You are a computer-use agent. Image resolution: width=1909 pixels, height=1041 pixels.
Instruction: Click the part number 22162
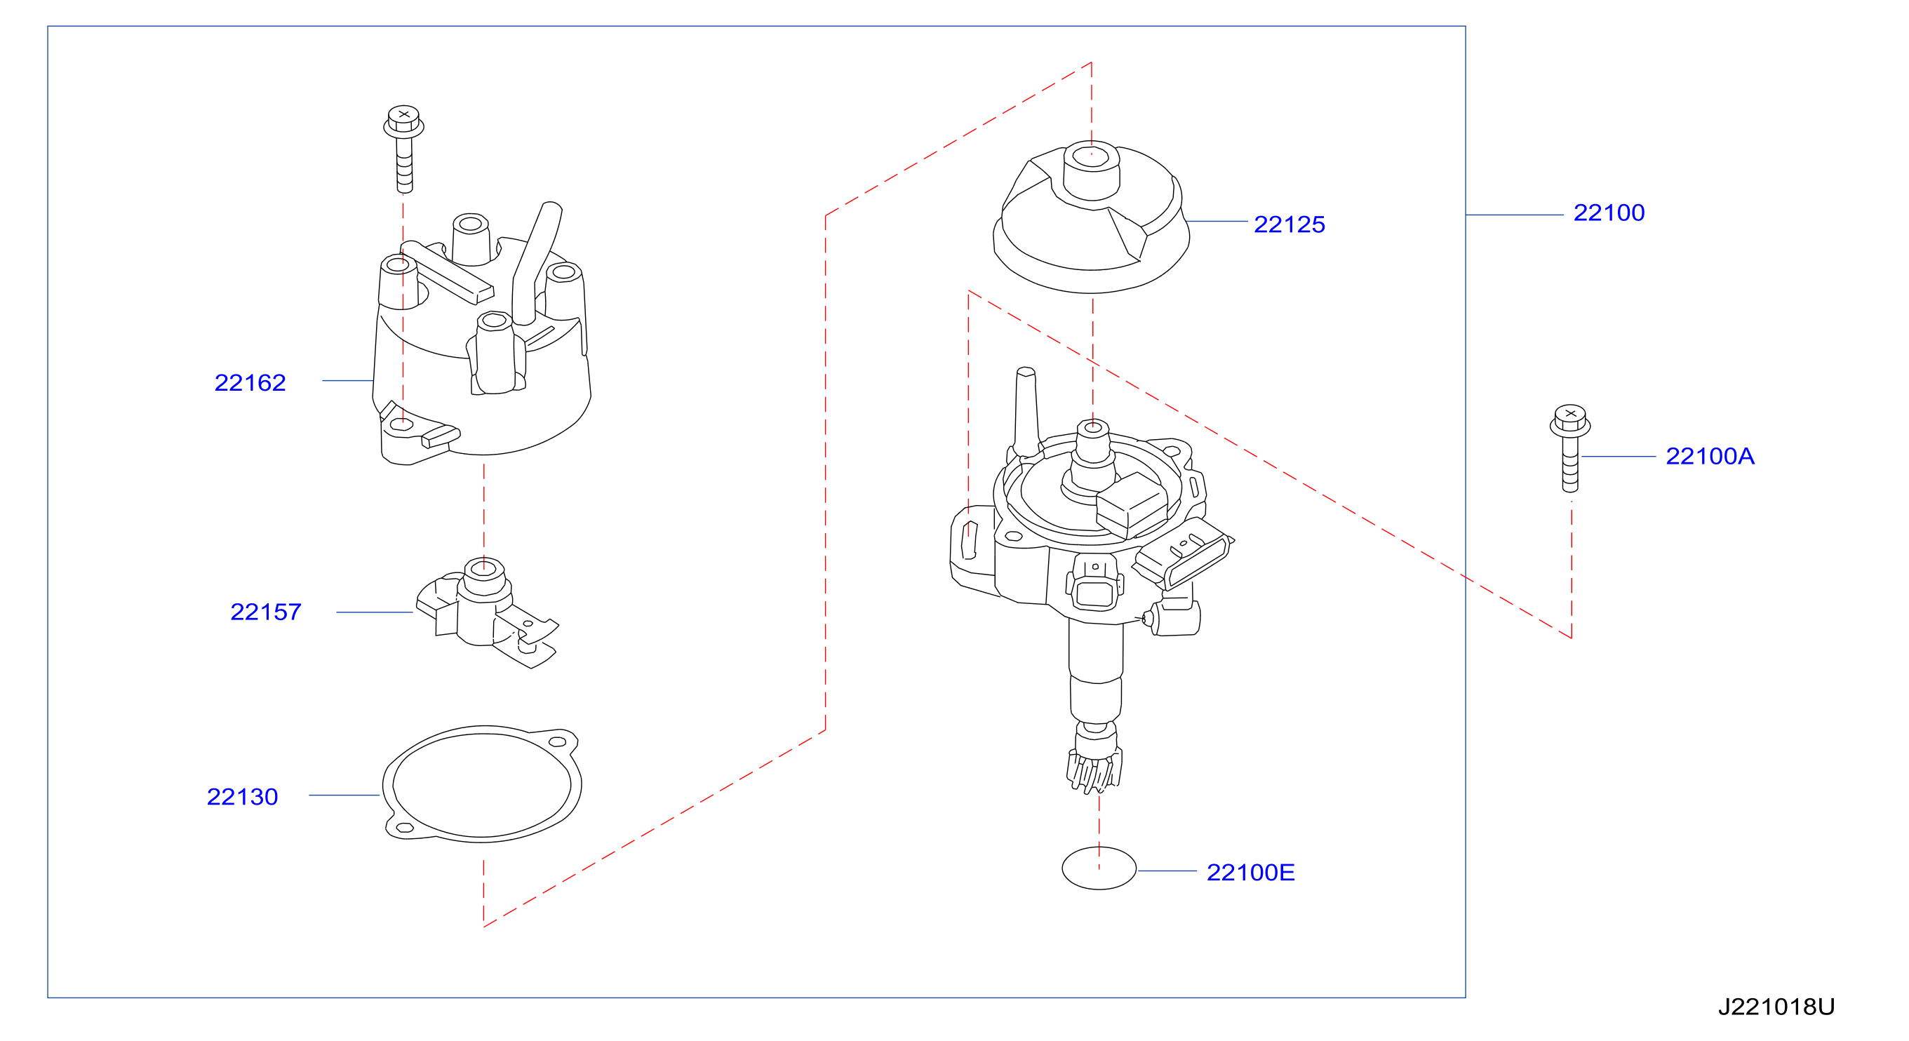tap(250, 382)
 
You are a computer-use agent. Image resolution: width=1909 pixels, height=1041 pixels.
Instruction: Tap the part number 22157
tap(265, 612)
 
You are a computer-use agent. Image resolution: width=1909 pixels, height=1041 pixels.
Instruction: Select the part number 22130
tap(242, 796)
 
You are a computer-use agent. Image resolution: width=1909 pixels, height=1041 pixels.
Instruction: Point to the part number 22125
tap(1289, 224)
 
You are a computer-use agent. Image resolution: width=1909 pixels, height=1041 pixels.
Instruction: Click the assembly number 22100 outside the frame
tap(1609, 213)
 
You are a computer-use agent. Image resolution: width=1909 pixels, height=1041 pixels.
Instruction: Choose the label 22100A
tap(1710, 457)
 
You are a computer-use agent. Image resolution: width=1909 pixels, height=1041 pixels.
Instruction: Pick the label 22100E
tap(1250, 872)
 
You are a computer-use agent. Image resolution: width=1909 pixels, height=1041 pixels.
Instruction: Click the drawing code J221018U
tap(1776, 1007)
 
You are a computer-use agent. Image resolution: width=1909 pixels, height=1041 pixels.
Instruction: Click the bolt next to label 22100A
tap(1569, 448)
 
